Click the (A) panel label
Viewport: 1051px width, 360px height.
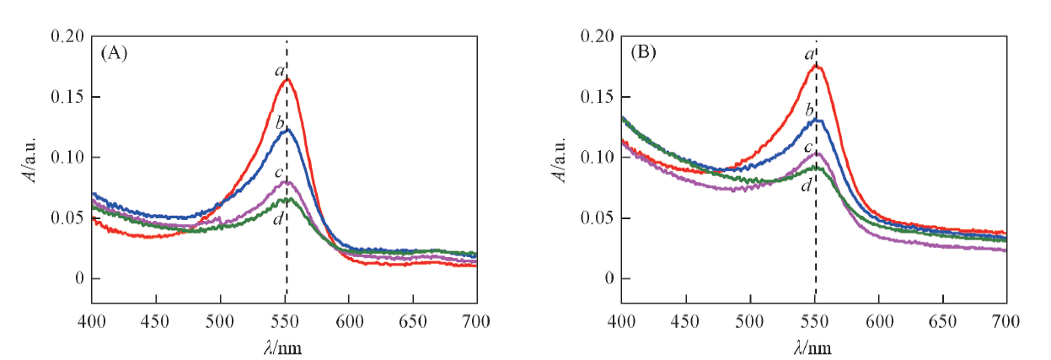tap(114, 53)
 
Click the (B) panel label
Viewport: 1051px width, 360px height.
tap(644, 53)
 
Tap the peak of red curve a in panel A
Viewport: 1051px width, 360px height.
tap(287, 78)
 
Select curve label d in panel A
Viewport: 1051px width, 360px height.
tap(278, 220)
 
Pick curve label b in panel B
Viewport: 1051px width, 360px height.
tap(809, 110)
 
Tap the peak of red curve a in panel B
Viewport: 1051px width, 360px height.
tap(816, 65)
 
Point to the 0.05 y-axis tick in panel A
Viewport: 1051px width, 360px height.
tap(67, 218)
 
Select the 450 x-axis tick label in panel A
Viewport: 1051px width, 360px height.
tap(155, 320)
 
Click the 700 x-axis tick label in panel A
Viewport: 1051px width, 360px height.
tap(476, 320)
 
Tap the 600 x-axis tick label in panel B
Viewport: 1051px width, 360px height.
tap(879, 320)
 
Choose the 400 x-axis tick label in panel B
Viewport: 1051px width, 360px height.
tap(621, 320)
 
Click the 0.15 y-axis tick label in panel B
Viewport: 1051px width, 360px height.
tap(597, 97)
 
